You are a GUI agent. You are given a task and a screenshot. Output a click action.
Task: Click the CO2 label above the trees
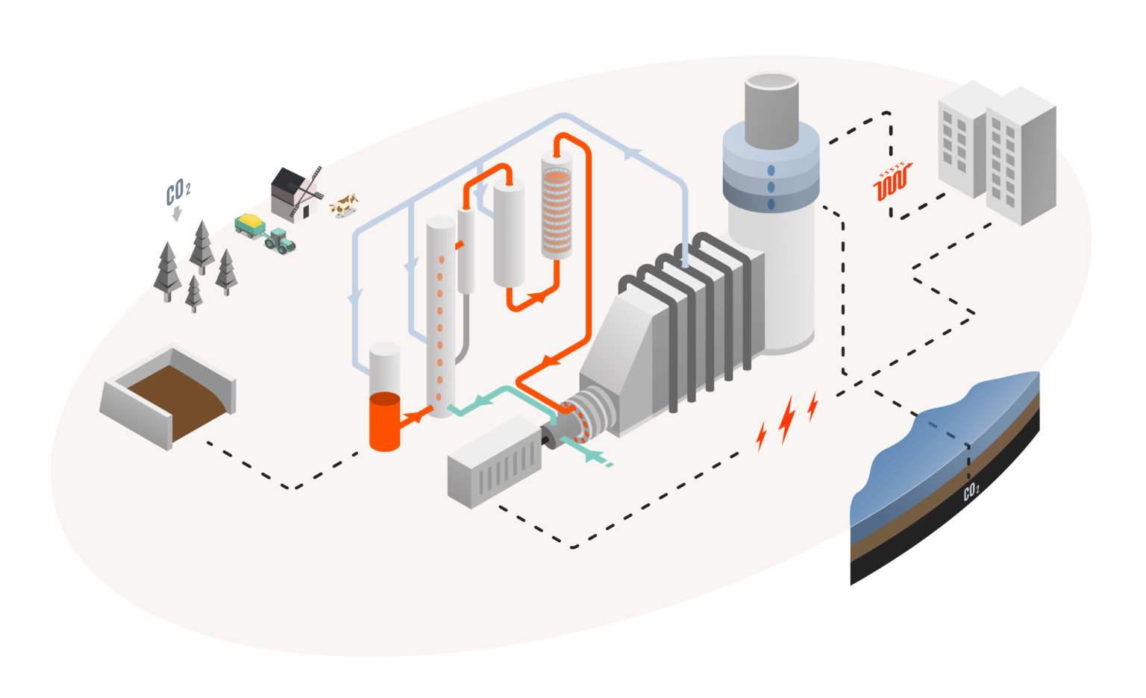(x=178, y=192)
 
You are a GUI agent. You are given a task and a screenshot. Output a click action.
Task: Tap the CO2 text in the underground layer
(x=971, y=491)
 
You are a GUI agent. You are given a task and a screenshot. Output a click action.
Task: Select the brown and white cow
(x=344, y=204)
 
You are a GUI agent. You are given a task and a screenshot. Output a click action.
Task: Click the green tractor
(x=280, y=241)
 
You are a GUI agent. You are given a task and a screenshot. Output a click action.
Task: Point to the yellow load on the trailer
(x=250, y=221)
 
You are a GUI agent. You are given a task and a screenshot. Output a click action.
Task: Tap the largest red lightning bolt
(x=786, y=419)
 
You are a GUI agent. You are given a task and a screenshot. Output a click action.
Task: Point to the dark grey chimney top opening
(x=772, y=82)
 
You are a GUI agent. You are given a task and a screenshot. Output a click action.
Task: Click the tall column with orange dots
(x=440, y=317)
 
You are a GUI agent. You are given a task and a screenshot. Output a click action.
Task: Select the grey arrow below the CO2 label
(x=177, y=215)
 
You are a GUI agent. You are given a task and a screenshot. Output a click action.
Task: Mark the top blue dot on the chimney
(x=771, y=172)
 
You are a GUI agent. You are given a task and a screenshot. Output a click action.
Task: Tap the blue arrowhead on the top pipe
(x=633, y=154)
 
